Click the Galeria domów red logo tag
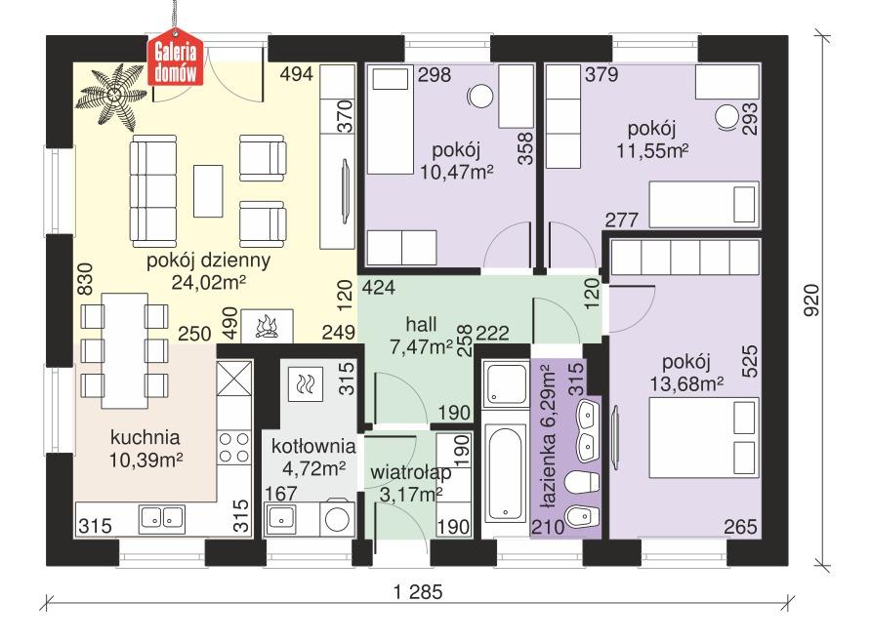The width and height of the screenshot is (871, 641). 177,61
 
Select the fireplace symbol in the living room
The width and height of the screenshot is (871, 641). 267,326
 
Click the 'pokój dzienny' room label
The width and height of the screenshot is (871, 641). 208,261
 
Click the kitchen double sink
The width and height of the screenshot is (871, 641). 162,516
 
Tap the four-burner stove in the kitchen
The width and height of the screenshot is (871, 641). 234,447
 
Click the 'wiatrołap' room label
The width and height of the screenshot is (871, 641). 410,473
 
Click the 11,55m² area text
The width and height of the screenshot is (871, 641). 652,150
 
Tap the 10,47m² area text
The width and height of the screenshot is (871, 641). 456,173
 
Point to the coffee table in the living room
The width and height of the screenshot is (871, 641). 207,189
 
